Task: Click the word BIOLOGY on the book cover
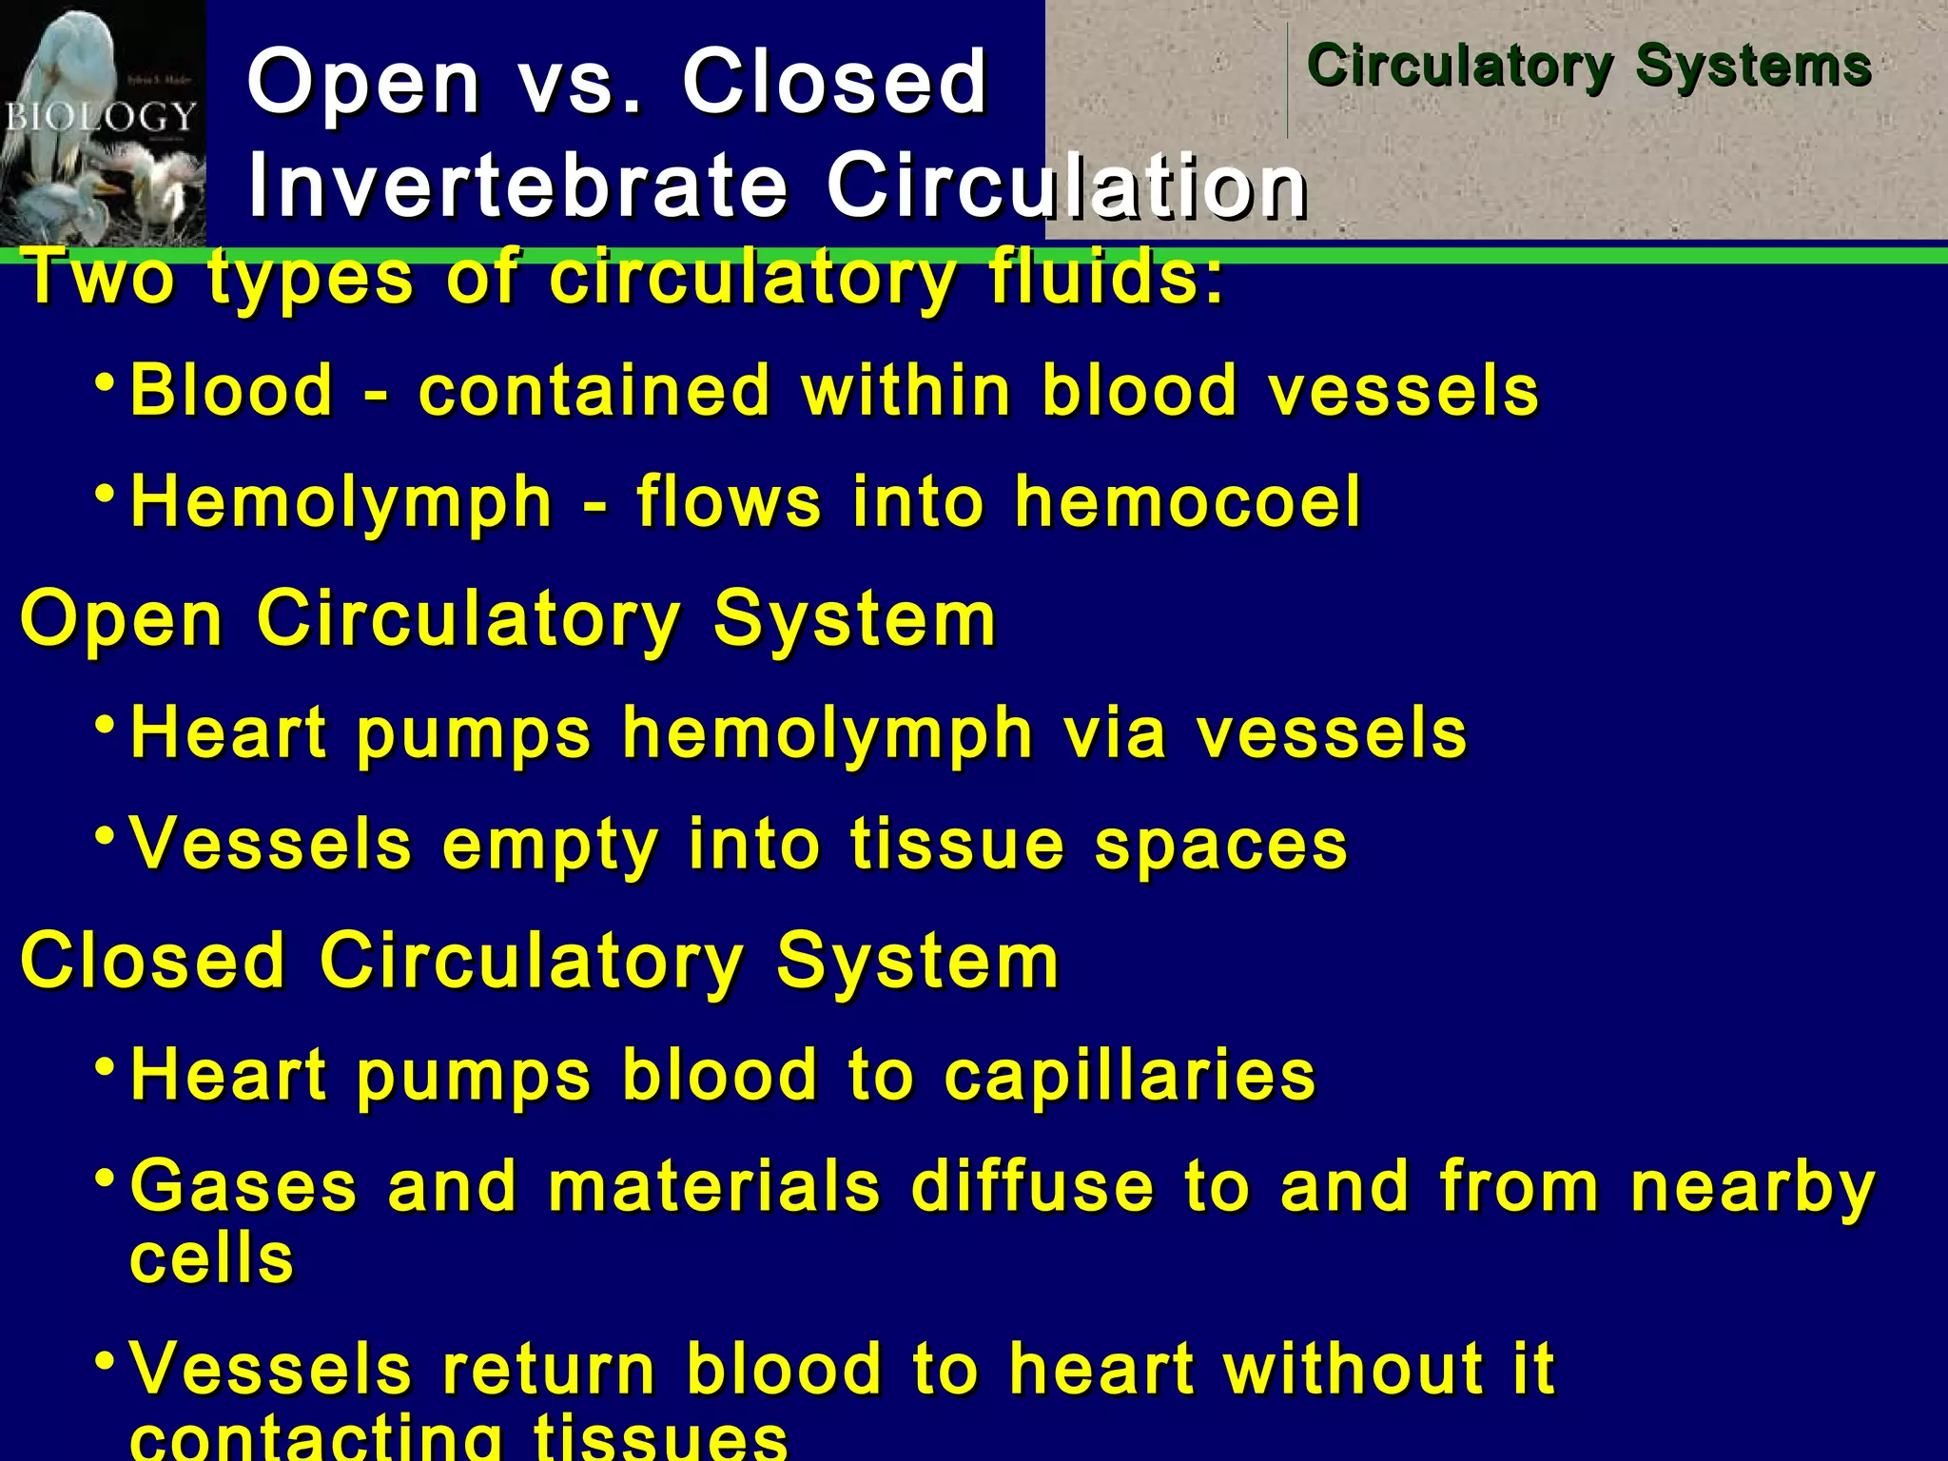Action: (x=101, y=117)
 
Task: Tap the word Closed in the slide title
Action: (x=834, y=81)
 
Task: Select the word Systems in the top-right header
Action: (x=1753, y=66)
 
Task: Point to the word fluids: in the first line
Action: (x=1106, y=278)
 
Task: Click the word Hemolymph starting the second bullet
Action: (x=341, y=502)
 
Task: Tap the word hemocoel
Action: (x=1188, y=501)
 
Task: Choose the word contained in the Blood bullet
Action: (x=594, y=390)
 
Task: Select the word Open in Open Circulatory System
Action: (x=122, y=619)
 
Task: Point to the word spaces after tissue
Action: (x=1220, y=845)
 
